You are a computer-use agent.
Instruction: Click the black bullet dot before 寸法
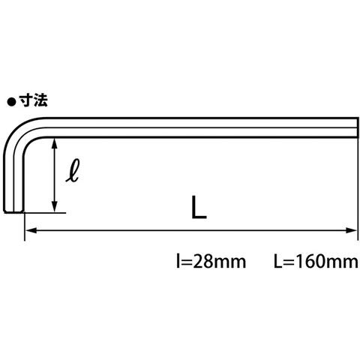[x=11, y=102]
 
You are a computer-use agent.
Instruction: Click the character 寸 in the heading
[x=26, y=100]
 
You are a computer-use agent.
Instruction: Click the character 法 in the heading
[x=40, y=100]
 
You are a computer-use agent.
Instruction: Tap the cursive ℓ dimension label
[x=73, y=170]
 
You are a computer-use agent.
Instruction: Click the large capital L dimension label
[x=199, y=207]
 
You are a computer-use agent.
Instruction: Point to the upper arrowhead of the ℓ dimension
[x=55, y=143]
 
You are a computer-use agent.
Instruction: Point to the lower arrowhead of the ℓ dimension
[x=55, y=206]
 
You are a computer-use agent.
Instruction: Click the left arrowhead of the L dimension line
[x=31, y=230]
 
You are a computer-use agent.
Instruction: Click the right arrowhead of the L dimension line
[x=351, y=230]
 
